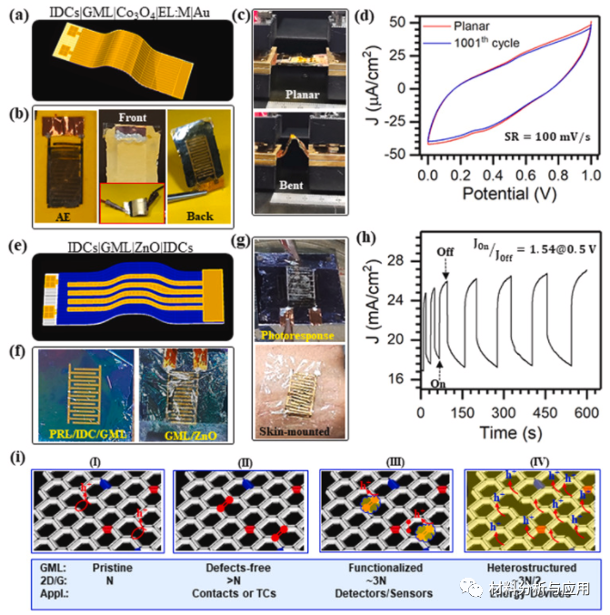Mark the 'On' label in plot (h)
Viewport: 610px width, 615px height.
(438, 385)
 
